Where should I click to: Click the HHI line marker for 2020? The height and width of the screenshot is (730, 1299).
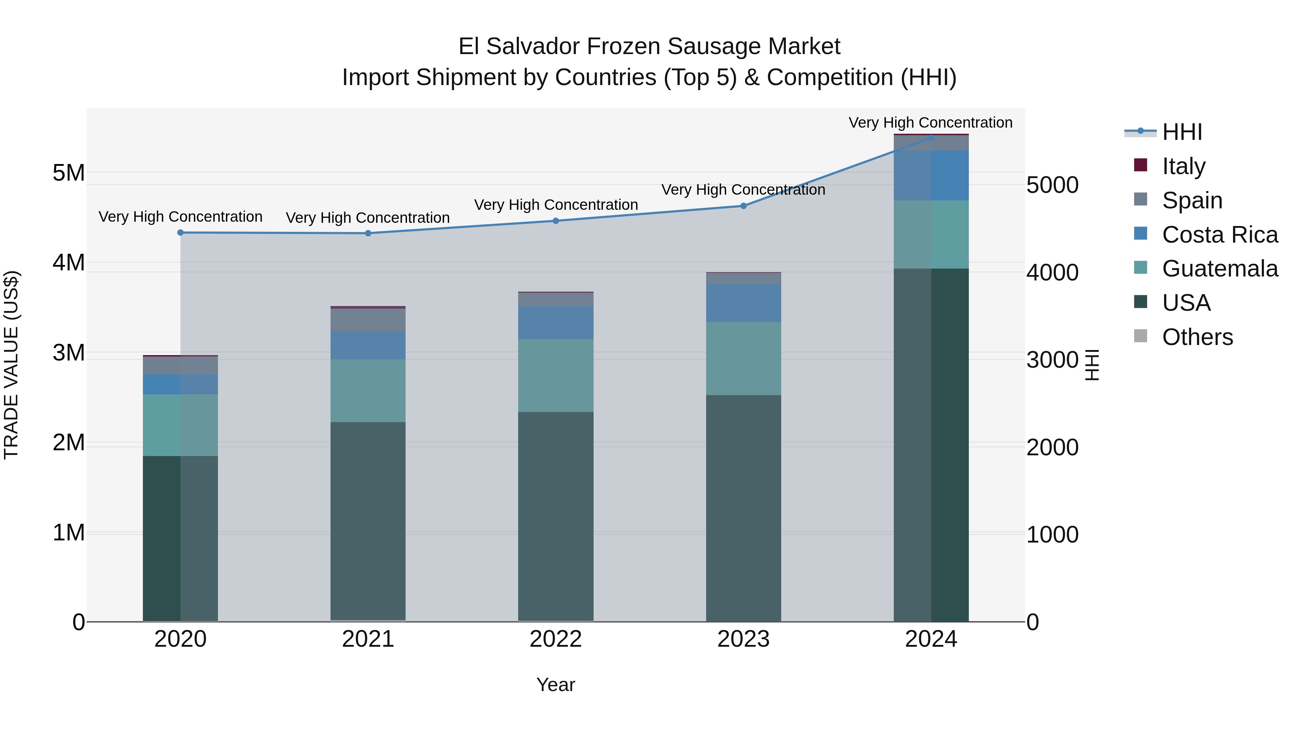[x=180, y=233]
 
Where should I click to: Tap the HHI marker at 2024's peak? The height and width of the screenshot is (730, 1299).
[x=931, y=138]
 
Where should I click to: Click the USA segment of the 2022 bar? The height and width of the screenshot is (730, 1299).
[x=556, y=516]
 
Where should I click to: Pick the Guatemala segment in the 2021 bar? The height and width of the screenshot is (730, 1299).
[x=368, y=390]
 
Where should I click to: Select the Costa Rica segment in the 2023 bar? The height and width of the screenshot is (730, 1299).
[x=743, y=303]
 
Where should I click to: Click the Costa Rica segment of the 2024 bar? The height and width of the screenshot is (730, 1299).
[x=931, y=175]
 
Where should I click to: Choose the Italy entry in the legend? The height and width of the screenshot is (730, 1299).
[x=1183, y=166]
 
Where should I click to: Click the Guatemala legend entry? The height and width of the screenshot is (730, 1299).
[x=1219, y=269]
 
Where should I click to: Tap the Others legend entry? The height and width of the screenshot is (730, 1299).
[x=1197, y=337]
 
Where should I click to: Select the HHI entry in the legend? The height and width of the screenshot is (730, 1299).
[x=1181, y=132]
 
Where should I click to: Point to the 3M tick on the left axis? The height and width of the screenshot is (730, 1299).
[x=69, y=353]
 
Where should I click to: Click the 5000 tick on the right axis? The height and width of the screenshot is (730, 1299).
[x=1053, y=185]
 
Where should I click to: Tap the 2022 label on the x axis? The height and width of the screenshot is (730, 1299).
[x=556, y=639]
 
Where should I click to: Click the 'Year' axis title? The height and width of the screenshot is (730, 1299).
[x=556, y=685]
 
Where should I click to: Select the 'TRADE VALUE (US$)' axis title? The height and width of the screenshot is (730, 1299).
[x=11, y=365]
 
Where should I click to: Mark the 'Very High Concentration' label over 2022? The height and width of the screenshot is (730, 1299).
[x=556, y=205]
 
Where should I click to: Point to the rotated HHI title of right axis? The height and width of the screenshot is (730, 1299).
[x=1092, y=365]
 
